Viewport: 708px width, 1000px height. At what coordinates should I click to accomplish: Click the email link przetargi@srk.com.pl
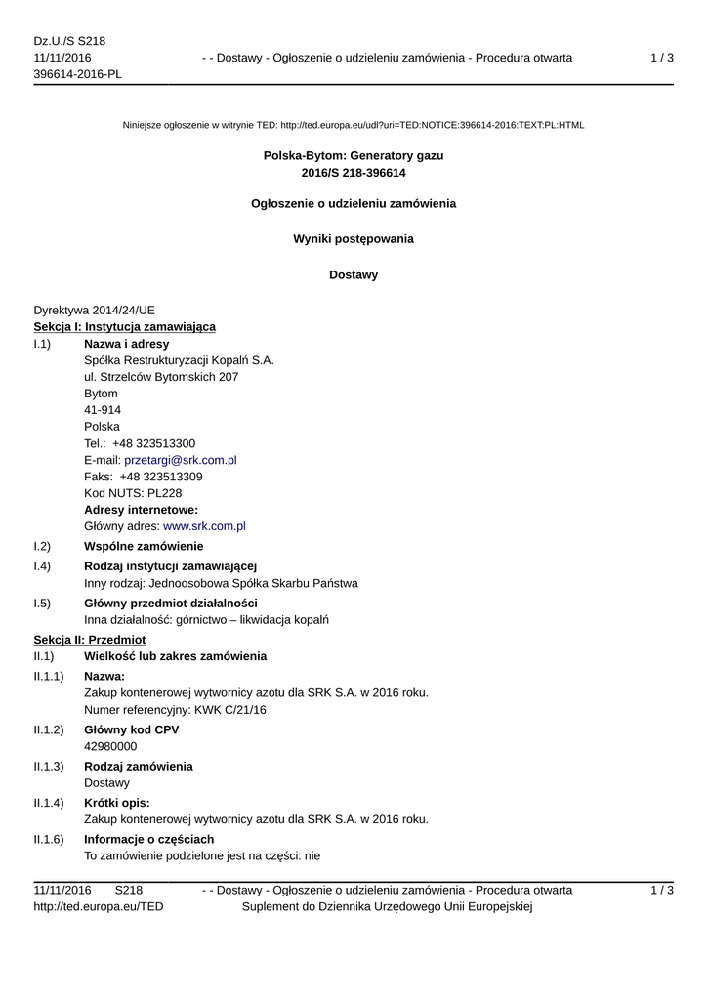(x=181, y=460)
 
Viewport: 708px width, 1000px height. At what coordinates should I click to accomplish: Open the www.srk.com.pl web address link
(x=204, y=526)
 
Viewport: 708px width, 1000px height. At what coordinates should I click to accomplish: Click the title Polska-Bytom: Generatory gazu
(x=354, y=155)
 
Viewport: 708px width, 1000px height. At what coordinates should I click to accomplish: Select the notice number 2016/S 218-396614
(x=354, y=173)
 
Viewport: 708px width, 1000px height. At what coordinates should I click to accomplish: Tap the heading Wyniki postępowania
(x=354, y=239)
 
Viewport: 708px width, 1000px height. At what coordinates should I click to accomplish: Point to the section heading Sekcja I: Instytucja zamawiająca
(x=125, y=326)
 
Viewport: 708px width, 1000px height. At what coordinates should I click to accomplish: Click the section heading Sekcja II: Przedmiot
(x=90, y=639)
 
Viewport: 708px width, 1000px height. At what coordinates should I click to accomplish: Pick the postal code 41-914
(x=103, y=410)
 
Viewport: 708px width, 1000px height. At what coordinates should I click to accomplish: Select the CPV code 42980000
(x=110, y=746)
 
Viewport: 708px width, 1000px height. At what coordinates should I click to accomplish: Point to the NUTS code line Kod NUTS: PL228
(x=133, y=493)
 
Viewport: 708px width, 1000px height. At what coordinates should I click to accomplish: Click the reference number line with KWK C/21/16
(x=175, y=710)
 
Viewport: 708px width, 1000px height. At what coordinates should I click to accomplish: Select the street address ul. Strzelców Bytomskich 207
(x=161, y=377)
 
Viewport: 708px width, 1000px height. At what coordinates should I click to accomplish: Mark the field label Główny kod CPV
(x=132, y=729)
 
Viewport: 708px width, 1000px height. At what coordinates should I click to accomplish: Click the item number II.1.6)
(x=49, y=839)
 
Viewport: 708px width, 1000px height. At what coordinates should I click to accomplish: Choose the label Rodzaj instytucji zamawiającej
(x=170, y=566)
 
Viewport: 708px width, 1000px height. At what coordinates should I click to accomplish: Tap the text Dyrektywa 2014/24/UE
(x=94, y=310)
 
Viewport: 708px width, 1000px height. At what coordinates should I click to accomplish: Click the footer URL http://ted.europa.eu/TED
(x=99, y=907)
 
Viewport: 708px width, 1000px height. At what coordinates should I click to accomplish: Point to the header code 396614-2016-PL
(x=77, y=75)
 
